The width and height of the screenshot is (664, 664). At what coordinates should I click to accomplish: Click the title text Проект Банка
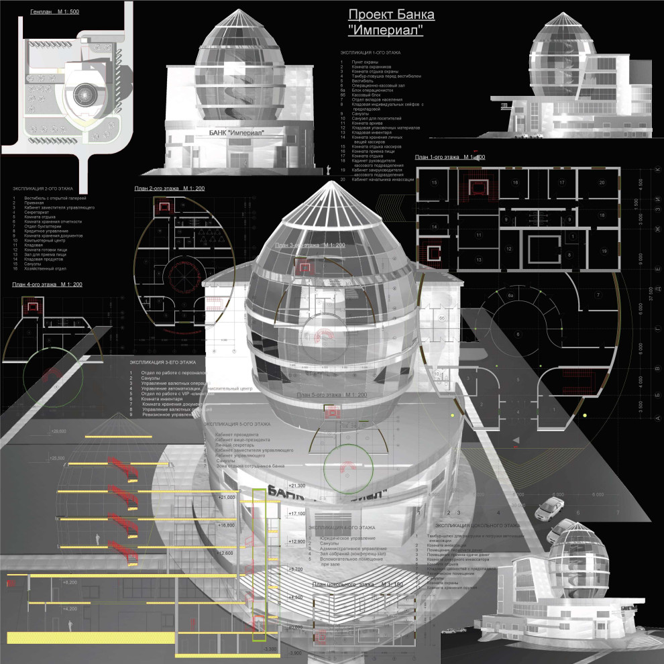click(392, 15)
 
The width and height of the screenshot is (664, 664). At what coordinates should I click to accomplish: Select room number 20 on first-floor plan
click(601, 182)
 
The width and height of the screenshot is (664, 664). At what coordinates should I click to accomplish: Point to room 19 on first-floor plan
click(604, 251)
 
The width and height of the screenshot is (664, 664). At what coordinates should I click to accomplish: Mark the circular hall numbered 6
click(518, 333)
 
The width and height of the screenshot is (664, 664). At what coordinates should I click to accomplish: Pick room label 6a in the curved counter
click(510, 295)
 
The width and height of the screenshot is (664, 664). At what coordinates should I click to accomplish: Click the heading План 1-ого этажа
click(450, 157)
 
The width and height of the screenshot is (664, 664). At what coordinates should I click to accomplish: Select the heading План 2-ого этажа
click(170, 188)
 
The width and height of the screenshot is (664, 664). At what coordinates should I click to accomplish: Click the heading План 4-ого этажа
click(47, 285)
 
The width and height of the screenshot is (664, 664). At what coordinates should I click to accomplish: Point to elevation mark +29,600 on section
click(59, 431)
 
